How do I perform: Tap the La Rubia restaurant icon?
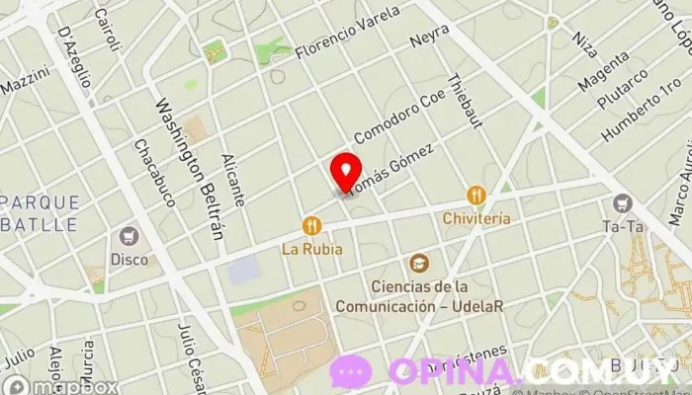(312, 226)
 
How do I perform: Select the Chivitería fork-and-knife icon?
(476, 195)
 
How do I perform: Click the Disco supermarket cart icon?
(128, 237)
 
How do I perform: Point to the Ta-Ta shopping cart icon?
(622, 203)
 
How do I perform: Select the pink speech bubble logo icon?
(351, 372)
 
